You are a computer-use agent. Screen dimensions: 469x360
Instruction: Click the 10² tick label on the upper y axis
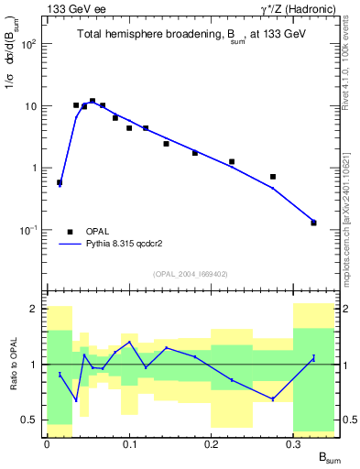28,44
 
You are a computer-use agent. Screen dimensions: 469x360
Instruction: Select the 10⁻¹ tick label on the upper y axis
28,230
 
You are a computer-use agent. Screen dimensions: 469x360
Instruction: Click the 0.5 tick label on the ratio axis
30,420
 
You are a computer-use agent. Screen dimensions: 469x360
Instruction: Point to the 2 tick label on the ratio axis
35,309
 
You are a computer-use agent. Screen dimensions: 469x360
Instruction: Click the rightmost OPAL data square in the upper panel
313,223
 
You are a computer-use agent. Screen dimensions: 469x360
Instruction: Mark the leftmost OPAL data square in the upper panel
60,182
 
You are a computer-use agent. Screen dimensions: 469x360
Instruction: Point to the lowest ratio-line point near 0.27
273,398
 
